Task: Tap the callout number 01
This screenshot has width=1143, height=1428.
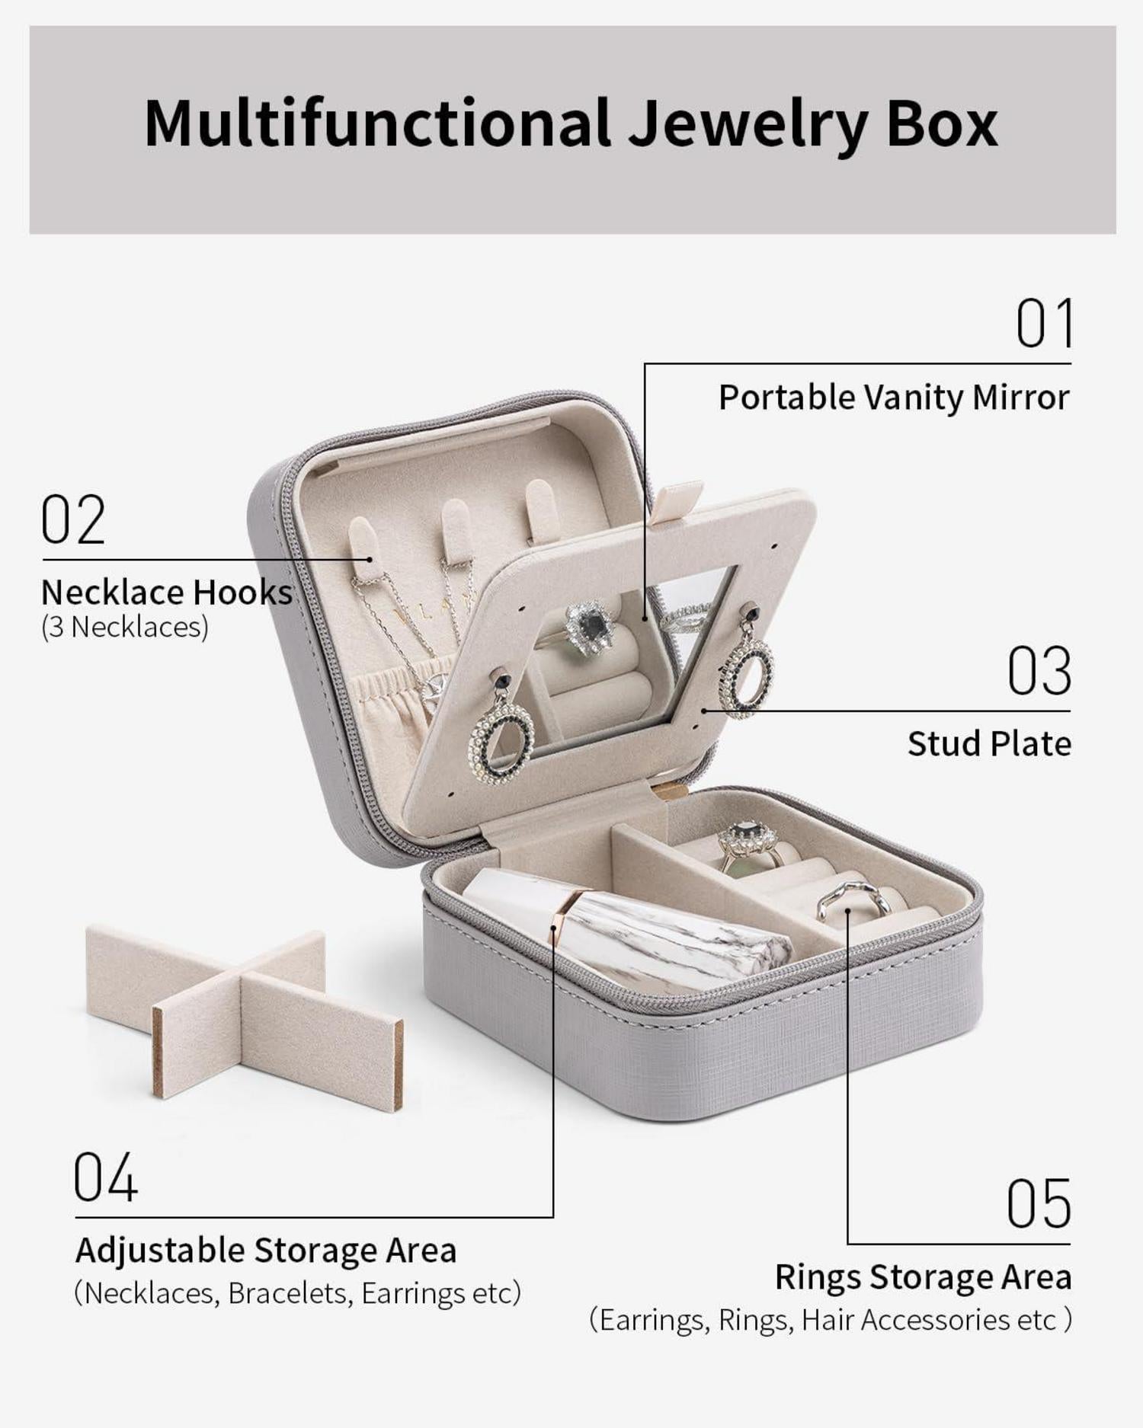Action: (1044, 323)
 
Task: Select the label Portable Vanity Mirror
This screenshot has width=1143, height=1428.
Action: (895, 398)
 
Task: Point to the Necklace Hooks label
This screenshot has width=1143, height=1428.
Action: (167, 592)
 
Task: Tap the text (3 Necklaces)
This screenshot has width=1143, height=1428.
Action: (124, 628)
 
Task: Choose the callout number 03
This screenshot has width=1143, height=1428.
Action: (1039, 671)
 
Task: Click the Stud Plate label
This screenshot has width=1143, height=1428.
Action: (989, 744)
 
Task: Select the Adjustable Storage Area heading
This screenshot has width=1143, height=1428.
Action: (266, 1251)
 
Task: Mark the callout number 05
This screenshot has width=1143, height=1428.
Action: (1039, 1203)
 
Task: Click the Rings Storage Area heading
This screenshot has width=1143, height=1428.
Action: (924, 1277)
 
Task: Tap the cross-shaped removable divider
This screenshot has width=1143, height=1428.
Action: (244, 1013)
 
